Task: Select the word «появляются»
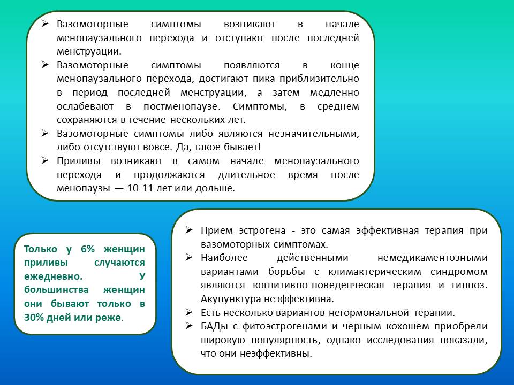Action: [x=252, y=65]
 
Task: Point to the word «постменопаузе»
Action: [x=182, y=106]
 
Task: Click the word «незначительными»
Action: [x=314, y=134]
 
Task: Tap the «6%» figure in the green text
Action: [x=87, y=249]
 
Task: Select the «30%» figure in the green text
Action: [x=34, y=318]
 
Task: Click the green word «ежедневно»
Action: [x=53, y=276]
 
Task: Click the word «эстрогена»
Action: [x=262, y=231]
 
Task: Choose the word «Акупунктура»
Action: [x=231, y=299]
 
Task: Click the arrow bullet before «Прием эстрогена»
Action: [x=189, y=230]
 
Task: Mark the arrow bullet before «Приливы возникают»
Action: [x=45, y=161]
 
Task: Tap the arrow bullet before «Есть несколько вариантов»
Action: [x=189, y=312]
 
